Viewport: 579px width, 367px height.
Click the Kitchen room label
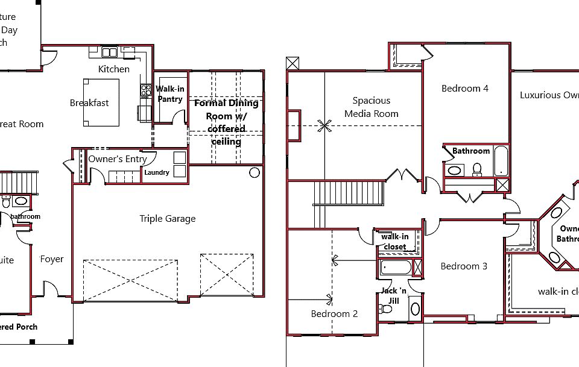coord(114,69)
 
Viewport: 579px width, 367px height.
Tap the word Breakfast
coord(89,103)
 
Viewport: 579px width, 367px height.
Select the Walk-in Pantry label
coord(170,94)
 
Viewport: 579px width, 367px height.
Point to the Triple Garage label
coord(168,219)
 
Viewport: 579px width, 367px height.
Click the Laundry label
coord(157,173)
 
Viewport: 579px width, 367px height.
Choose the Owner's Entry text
coord(118,159)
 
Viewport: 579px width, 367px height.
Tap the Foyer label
coord(52,259)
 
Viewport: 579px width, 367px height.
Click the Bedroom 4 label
coord(465,89)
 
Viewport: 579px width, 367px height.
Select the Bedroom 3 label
coord(464,266)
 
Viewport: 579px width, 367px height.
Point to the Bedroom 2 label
coord(334,314)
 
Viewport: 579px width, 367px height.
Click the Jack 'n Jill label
coord(393,296)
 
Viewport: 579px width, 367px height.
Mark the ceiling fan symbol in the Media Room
coord(324,125)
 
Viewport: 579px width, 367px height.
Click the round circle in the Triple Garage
coord(255,173)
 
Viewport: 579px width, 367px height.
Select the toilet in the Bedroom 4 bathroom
coord(477,169)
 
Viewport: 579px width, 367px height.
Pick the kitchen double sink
coord(109,52)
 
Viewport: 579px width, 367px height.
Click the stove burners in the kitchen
coord(145,91)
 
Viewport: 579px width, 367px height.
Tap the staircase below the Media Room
coord(348,194)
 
